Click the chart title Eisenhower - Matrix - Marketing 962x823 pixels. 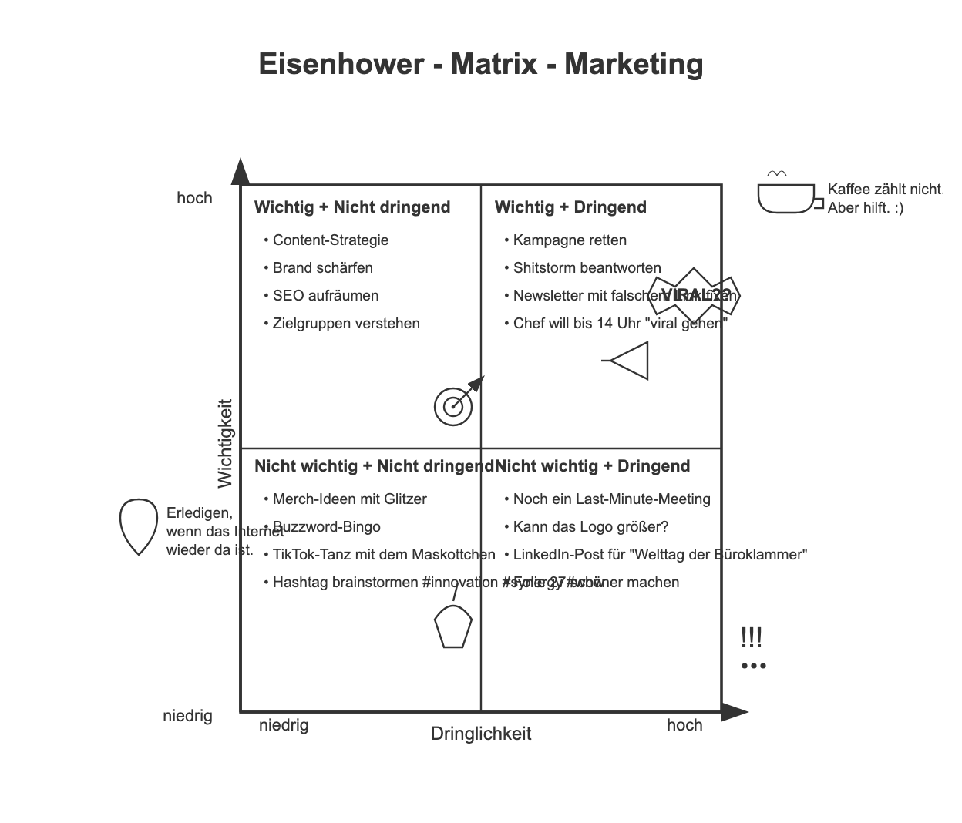tap(480, 63)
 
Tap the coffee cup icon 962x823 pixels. tap(785, 197)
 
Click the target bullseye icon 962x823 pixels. tap(453, 406)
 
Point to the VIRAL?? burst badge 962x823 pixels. tap(695, 294)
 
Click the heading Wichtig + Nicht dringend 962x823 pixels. tap(352, 207)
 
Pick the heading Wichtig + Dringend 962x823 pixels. tap(570, 207)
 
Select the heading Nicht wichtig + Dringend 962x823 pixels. tap(592, 466)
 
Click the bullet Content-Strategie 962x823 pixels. tap(330, 240)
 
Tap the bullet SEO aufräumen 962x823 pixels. tap(325, 296)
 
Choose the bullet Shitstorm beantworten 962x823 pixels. tap(587, 268)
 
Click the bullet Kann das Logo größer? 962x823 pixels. tap(590, 527)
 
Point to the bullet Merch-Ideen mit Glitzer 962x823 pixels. tap(349, 499)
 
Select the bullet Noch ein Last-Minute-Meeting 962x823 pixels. tap(611, 499)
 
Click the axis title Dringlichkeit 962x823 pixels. tap(481, 734)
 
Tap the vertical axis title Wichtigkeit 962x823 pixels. tap(225, 443)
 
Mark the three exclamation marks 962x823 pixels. tap(752, 638)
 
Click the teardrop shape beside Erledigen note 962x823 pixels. tap(139, 526)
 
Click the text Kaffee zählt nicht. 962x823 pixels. tap(885, 190)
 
